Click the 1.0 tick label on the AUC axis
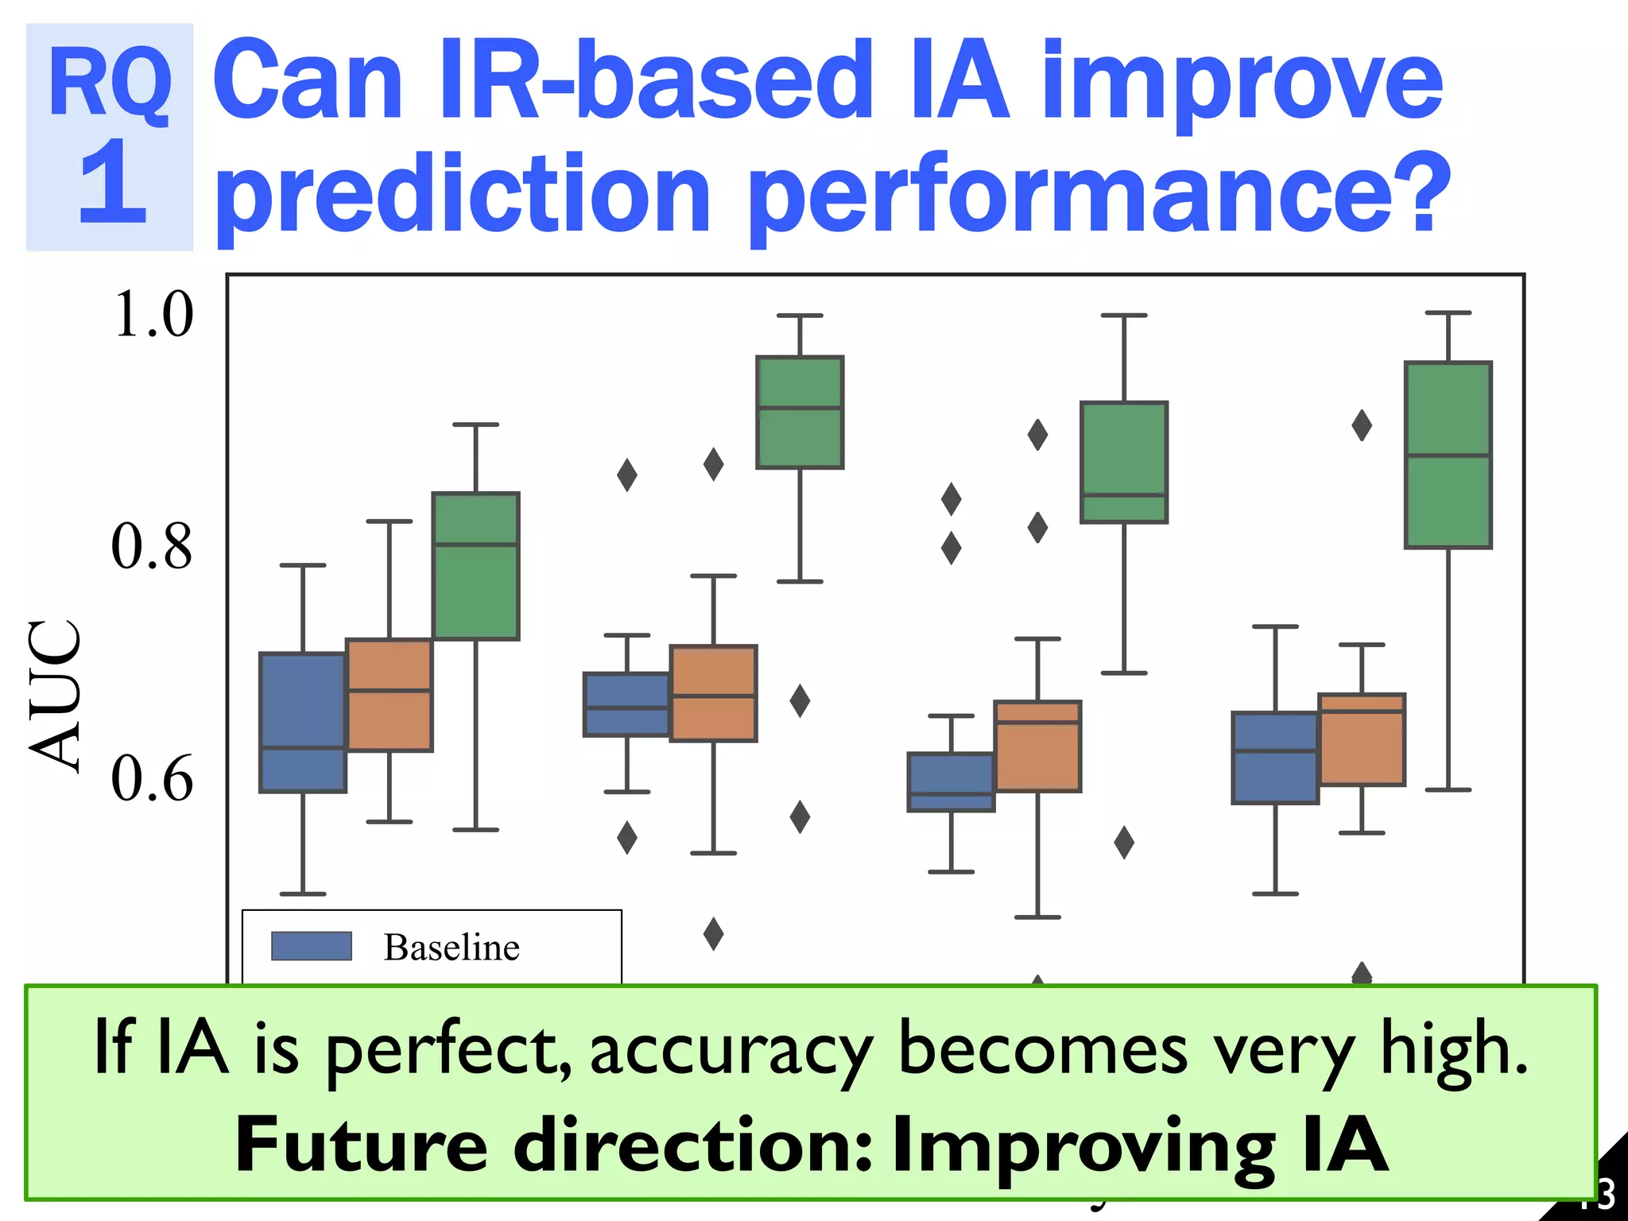click(153, 315)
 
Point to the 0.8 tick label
click(151, 547)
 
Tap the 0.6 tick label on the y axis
click(151, 779)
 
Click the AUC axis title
click(54, 695)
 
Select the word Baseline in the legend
click(452, 948)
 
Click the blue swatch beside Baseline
click(311, 946)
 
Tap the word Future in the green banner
click(361, 1145)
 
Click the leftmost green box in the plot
click(475, 566)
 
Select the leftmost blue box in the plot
click(303, 722)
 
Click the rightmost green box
click(1448, 455)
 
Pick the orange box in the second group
click(713, 693)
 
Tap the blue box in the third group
click(951, 781)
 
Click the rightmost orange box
click(1362, 739)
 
